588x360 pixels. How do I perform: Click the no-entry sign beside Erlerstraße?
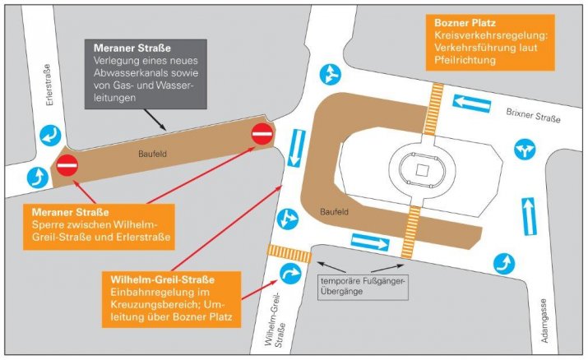click(67, 166)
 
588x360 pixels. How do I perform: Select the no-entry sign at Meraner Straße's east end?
click(262, 133)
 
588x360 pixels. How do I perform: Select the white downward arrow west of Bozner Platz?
click(297, 149)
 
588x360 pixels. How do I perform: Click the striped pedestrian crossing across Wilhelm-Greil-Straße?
click(287, 252)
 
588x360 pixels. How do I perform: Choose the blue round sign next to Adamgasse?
click(503, 262)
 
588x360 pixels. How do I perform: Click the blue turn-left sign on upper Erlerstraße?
click(47, 134)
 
